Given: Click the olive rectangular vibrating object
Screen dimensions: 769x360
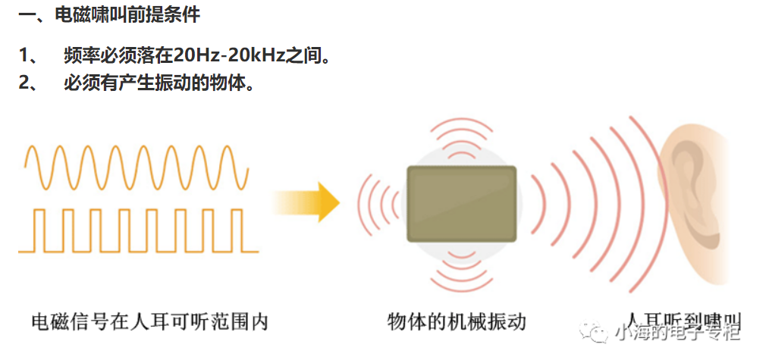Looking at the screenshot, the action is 461,203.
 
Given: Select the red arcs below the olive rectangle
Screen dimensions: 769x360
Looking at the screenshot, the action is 461,269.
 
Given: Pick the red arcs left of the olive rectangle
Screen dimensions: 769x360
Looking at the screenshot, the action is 379,202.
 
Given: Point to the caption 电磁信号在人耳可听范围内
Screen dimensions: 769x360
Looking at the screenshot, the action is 149,321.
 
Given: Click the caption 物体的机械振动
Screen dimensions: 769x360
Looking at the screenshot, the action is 456,321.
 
